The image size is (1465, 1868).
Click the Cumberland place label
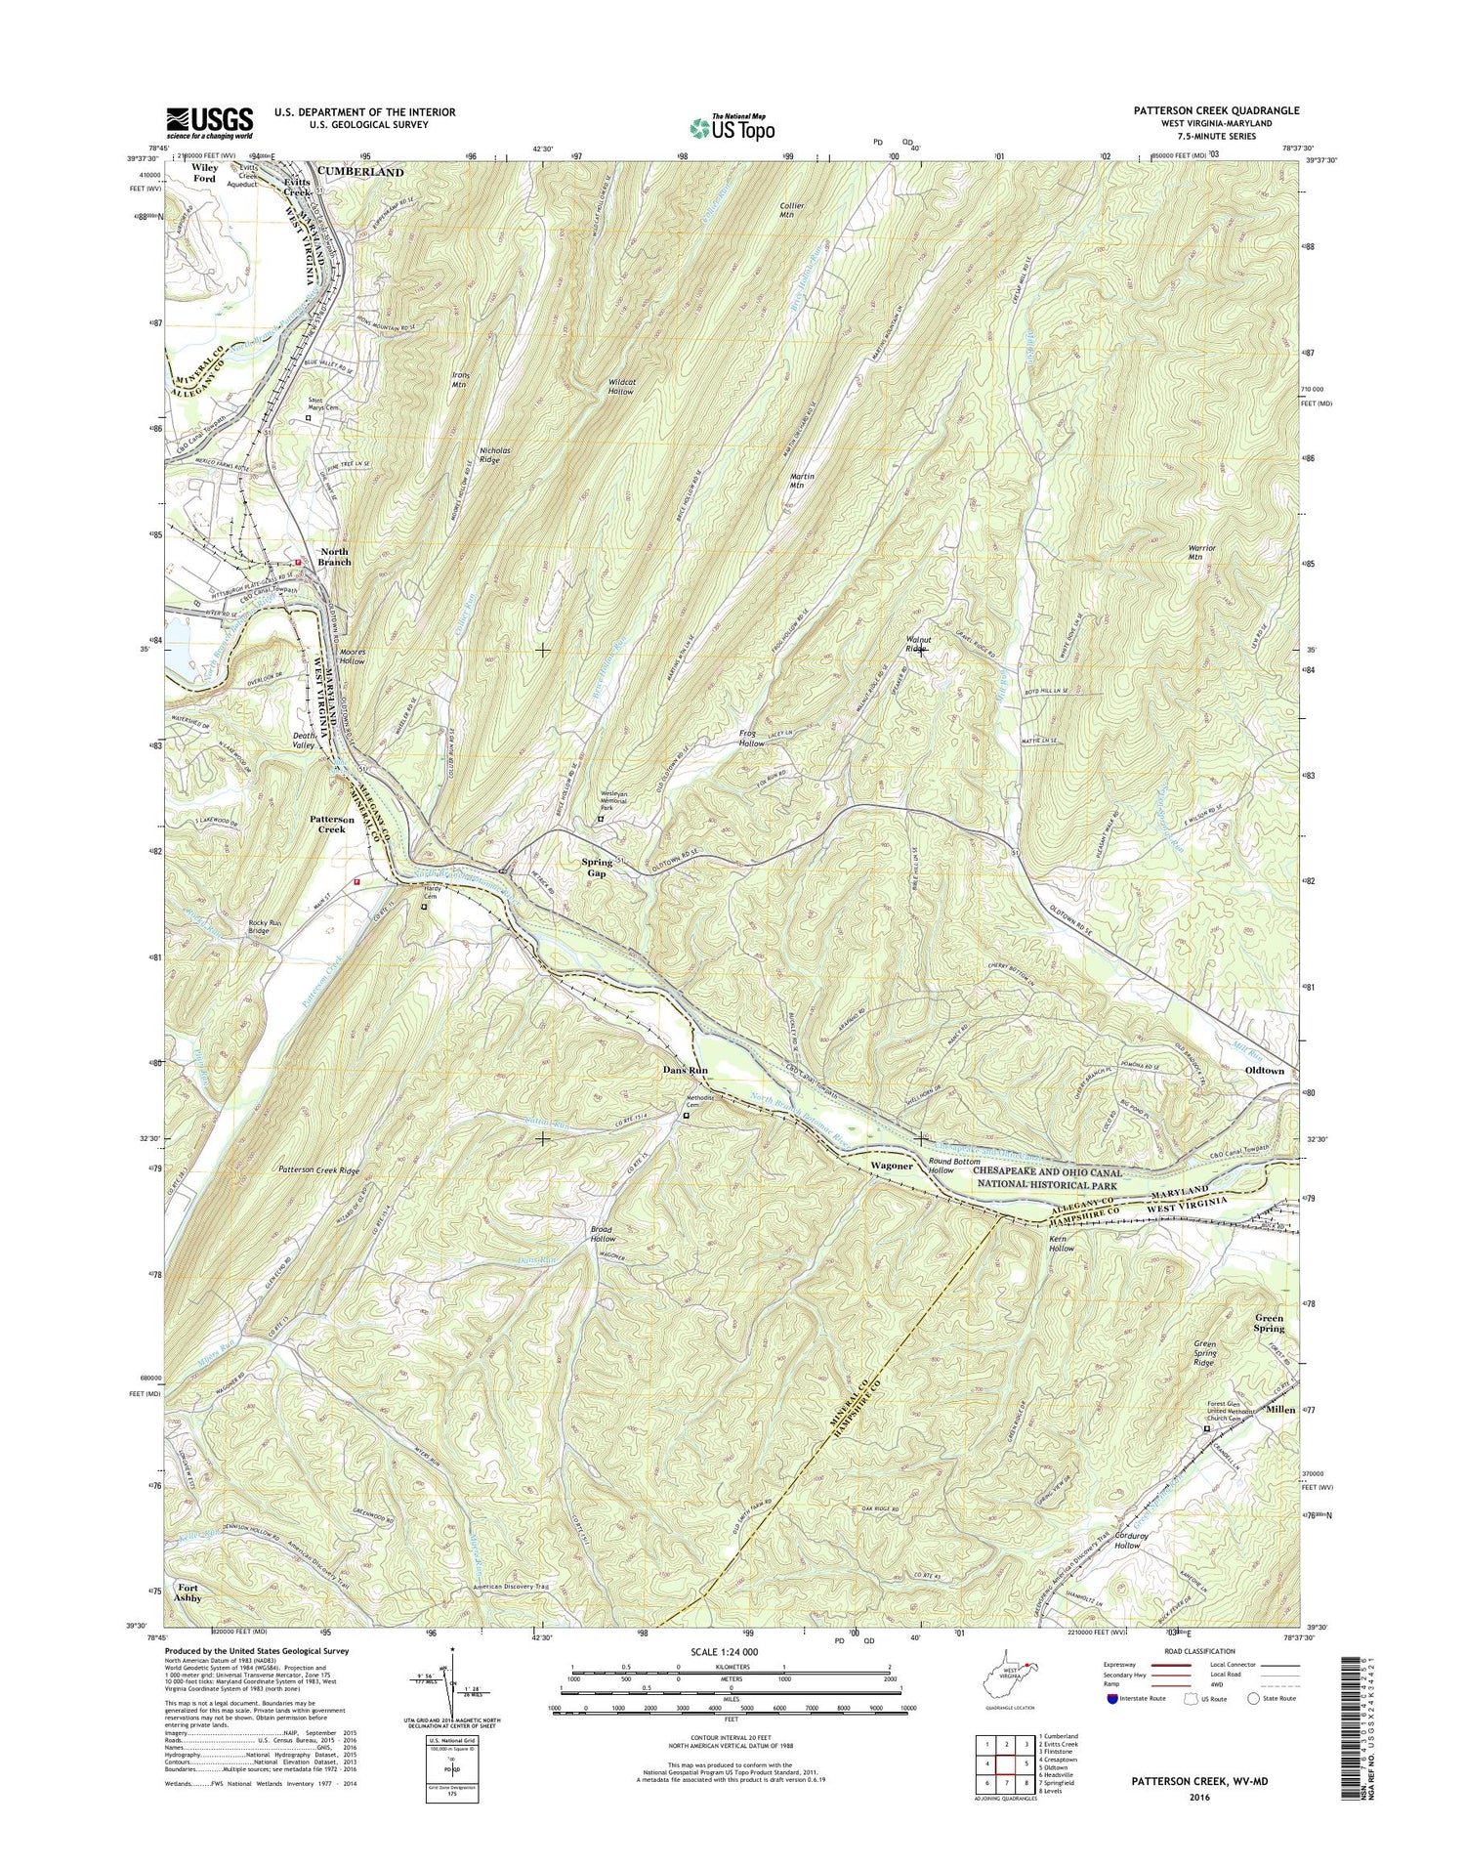click(x=358, y=172)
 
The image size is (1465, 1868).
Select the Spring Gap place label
click(x=597, y=868)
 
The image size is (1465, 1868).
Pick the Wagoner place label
click(x=891, y=1167)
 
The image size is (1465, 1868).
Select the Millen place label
click(x=1280, y=1410)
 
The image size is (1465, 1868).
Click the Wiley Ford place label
click(x=204, y=173)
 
